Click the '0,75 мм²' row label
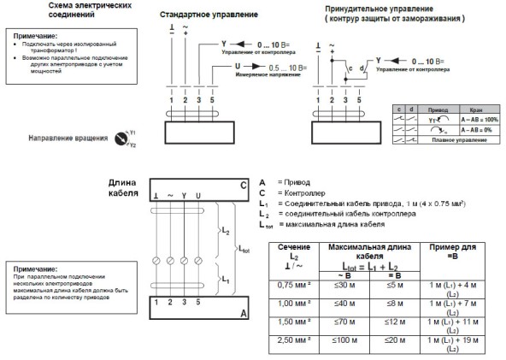pyautogui.click(x=291, y=286)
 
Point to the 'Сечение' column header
pyautogui.click(x=291, y=248)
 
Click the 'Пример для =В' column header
pyautogui.click(x=454, y=254)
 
